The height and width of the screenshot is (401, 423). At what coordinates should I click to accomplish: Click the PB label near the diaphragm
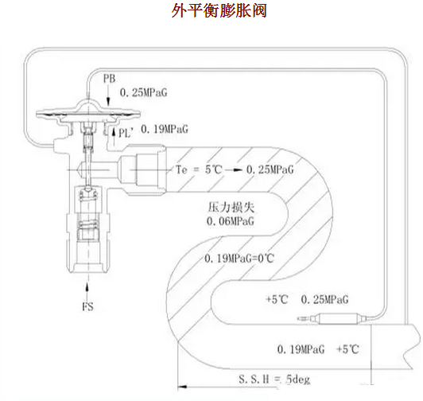click(x=111, y=78)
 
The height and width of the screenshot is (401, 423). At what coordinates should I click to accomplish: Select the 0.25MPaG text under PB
click(x=147, y=91)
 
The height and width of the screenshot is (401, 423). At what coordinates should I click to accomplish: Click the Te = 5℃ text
click(x=196, y=170)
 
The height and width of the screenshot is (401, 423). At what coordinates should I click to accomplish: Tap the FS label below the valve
click(x=89, y=306)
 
